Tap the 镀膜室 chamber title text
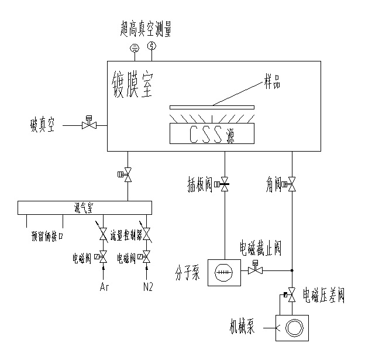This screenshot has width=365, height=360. coord(132,84)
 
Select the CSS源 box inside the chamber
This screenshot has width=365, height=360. coord(212,134)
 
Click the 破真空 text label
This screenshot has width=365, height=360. coord(43,125)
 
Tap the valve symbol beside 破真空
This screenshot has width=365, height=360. coord(89,125)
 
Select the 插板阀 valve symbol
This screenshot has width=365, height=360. coord(224,186)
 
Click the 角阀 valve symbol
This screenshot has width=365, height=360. coord(292,186)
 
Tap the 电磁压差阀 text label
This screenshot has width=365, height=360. coord(323,295)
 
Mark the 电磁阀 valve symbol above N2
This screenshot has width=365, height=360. coord(146,256)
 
